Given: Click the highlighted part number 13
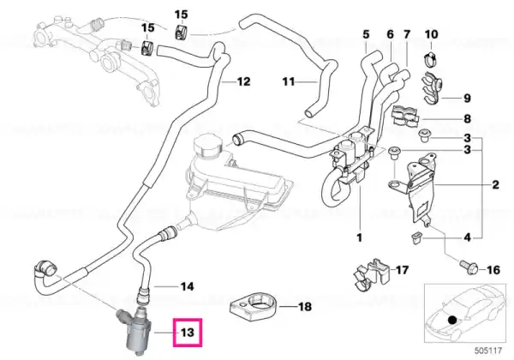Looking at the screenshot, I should [x=186, y=329].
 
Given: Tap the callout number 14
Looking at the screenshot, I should [x=188, y=285].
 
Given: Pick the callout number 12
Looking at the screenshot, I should [x=243, y=82].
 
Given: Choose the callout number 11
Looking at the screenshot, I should [x=288, y=82].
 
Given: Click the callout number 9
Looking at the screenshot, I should [x=468, y=97].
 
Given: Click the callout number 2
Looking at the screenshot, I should [x=495, y=184].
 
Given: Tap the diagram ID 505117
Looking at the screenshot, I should [x=490, y=351].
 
